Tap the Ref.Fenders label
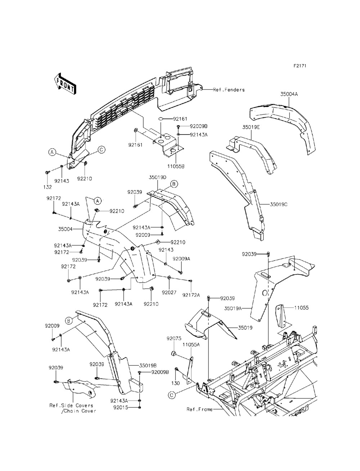229,90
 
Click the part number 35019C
279,204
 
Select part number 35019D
158,177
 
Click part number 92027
169,293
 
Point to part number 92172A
191,295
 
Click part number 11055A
191,344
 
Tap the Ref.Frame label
199,409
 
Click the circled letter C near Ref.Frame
172,395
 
